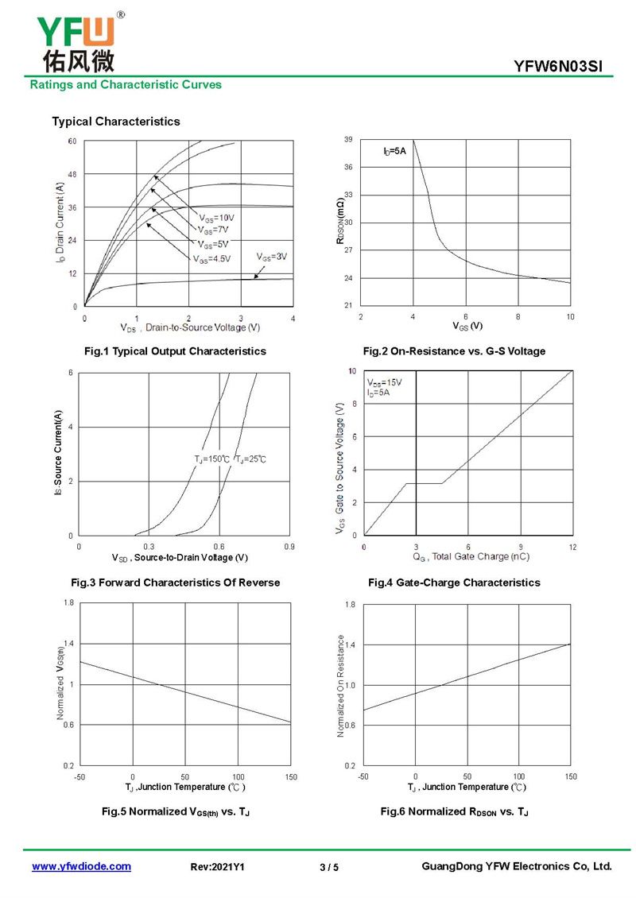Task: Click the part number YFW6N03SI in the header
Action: [x=564, y=68]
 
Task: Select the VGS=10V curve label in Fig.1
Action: [x=217, y=218]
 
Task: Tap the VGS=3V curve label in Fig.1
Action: [x=272, y=257]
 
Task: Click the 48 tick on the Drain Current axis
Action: [x=72, y=174]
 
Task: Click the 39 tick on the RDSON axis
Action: [x=348, y=140]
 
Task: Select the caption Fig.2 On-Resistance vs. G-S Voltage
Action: [x=454, y=351]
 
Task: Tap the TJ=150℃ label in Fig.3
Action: [x=211, y=459]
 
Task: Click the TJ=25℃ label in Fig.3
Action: [x=250, y=459]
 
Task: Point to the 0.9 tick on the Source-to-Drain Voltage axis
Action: [x=289, y=548]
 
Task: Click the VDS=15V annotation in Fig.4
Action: [x=385, y=382]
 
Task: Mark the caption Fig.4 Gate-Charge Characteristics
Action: [x=454, y=583]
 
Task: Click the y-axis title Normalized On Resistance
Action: [x=341, y=685]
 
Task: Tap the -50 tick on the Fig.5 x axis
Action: [x=79, y=776]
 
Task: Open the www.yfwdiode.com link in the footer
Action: [x=81, y=866]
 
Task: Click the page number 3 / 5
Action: [x=329, y=867]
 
